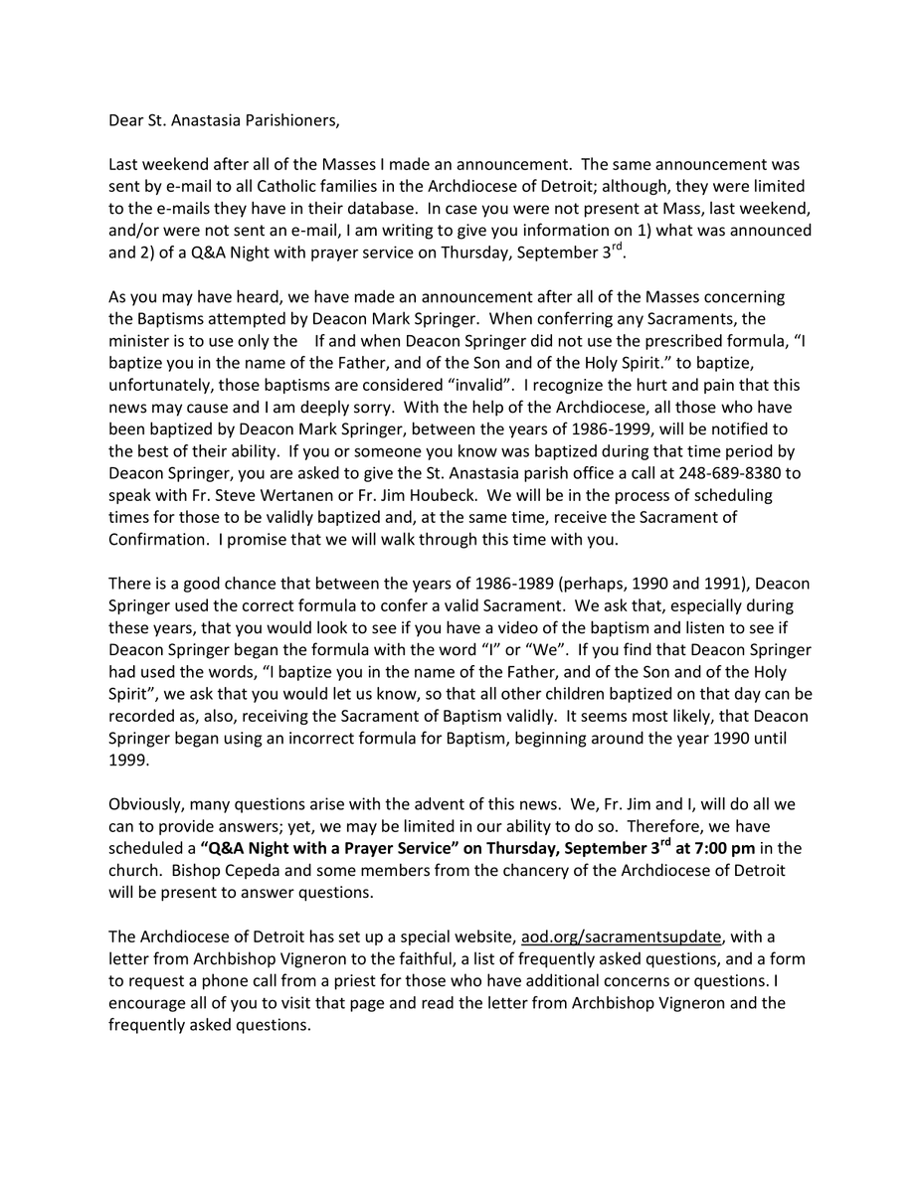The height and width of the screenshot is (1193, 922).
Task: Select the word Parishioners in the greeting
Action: pos(292,121)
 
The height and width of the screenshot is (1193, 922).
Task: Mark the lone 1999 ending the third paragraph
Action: pos(126,759)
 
